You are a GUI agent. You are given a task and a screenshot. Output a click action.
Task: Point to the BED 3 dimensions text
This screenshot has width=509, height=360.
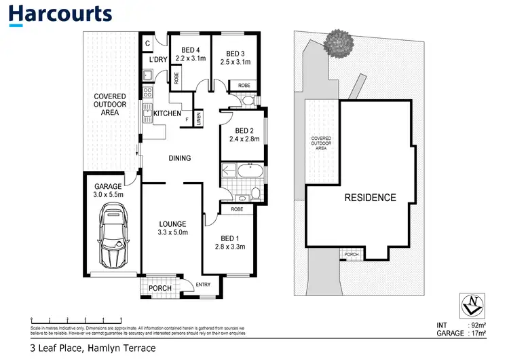pyautogui.click(x=235, y=62)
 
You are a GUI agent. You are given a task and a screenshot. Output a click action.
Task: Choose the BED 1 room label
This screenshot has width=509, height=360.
pyautogui.click(x=231, y=238)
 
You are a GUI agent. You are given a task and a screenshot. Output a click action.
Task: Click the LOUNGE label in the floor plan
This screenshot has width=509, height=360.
pyautogui.click(x=172, y=223)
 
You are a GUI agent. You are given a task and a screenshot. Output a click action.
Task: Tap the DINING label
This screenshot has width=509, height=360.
pyautogui.click(x=180, y=158)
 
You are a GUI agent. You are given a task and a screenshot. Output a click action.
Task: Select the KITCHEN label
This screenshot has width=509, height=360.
pyautogui.click(x=167, y=113)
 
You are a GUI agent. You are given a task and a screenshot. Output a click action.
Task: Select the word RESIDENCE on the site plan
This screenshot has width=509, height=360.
pyautogui.click(x=369, y=198)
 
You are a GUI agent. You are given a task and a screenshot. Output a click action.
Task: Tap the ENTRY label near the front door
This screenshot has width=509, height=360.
pyautogui.click(x=203, y=285)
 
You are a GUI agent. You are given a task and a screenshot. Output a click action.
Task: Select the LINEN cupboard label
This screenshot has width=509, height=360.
pyautogui.click(x=199, y=118)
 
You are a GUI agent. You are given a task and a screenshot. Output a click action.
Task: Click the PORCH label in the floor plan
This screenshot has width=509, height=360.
pyautogui.click(x=159, y=288)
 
